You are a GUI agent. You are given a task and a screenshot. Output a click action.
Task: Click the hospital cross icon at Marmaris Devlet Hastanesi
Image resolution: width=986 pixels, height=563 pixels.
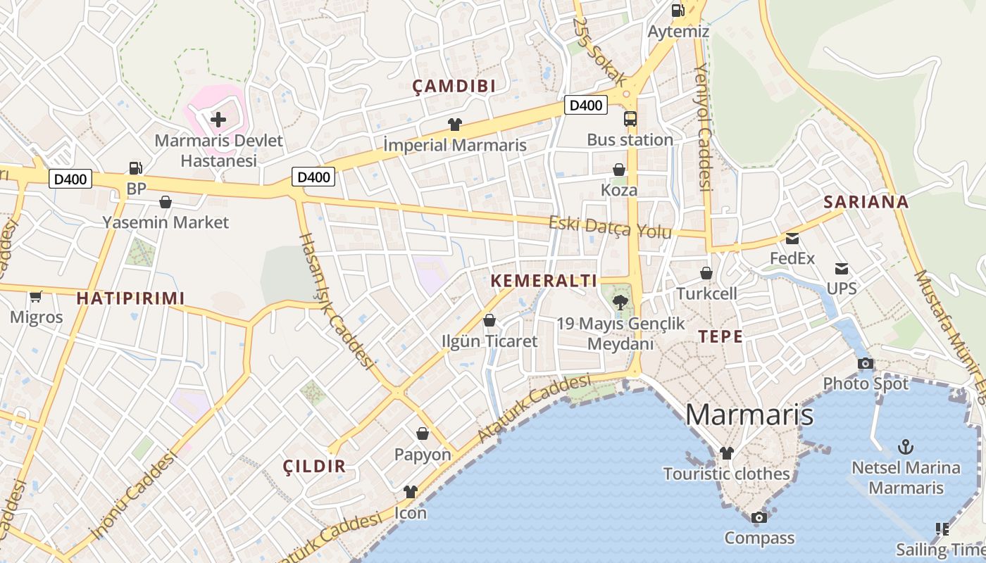[x=218, y=119]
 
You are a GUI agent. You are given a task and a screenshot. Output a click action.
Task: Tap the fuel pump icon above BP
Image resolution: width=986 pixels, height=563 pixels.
[x=135, y=167]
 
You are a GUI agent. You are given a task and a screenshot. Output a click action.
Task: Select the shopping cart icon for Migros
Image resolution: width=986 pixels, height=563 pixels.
[x=36, y=296]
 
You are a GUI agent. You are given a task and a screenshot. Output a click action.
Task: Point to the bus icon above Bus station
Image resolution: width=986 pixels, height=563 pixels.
[x=630, y=118]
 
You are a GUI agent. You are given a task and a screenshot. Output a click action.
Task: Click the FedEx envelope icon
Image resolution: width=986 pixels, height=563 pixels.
[x=792, y=238]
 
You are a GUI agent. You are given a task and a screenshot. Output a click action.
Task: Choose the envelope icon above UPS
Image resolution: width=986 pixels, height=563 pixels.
[x=842, y=268]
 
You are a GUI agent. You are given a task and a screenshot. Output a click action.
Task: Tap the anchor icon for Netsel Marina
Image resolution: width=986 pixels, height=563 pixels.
[x=906, y=446]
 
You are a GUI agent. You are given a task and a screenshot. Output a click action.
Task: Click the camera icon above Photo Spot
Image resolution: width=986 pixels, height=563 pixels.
[x=866, y=363]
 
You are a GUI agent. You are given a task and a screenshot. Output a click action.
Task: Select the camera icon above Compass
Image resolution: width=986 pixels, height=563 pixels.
[x=759, y=517]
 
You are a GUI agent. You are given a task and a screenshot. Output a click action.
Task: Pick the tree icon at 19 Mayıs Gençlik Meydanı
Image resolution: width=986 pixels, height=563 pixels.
[x=620, y=303]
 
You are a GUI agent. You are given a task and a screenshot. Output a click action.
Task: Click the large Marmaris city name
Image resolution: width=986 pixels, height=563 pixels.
[x=749, y=414]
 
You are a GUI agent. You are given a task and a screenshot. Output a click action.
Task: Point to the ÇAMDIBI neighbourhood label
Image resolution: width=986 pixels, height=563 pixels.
[x=454, y=87]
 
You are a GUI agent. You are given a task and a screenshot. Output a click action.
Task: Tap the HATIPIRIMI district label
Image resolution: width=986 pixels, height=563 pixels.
[x=130, y=298]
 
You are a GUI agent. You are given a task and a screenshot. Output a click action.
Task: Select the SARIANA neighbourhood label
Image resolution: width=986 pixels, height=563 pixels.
[x=866, y=202]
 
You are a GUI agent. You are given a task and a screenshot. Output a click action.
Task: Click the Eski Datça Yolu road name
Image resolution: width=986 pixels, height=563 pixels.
[x=610, y=227]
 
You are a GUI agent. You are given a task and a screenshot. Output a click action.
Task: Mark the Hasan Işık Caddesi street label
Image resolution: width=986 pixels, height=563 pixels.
[x=336, y=300]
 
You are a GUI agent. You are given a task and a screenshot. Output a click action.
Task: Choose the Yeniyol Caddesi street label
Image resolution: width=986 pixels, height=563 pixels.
[x=702, y=127]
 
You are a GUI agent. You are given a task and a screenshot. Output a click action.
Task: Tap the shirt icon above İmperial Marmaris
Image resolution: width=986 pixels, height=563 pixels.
[x=455, y=125]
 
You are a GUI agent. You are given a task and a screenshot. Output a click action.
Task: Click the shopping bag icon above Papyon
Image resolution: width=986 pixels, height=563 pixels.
[x=423, y=433]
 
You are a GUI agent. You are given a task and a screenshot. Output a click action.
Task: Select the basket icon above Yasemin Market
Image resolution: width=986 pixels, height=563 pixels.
[x=166, y=202]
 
